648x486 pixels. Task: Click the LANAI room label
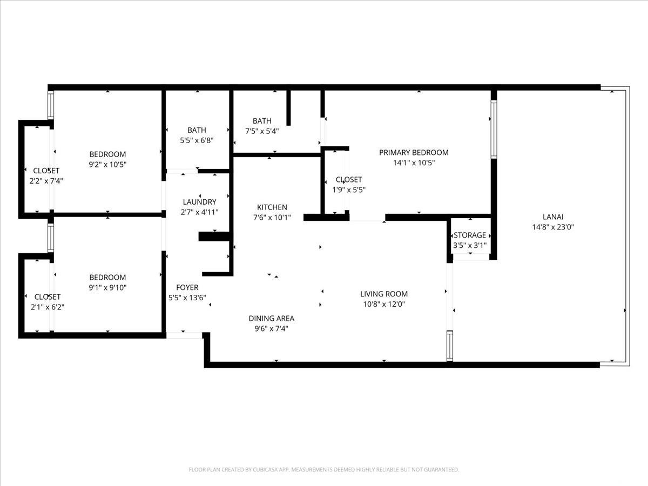[553, 218]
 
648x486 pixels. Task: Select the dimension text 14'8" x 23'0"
[553, 227]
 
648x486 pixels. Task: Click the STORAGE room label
[470, 235]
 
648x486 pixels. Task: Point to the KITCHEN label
[272, 207]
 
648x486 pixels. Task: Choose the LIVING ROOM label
[384, 294]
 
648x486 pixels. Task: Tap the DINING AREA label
[271, 318]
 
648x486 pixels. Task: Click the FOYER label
[187, 287]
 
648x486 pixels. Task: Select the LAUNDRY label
[200, 202]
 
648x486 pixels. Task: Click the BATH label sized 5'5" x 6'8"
[197, 130]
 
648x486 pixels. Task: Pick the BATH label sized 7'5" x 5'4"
[262, 121]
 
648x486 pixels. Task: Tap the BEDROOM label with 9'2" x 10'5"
[107, 154]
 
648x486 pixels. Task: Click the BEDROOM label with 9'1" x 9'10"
[107, 277]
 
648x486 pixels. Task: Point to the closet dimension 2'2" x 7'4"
[46, 181]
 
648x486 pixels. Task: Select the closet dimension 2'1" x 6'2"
[48, 307]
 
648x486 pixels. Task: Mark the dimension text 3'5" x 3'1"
[470, 245]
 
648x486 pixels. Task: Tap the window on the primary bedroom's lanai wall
[494, 129]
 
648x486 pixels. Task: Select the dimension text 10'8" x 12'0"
[384, 304]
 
